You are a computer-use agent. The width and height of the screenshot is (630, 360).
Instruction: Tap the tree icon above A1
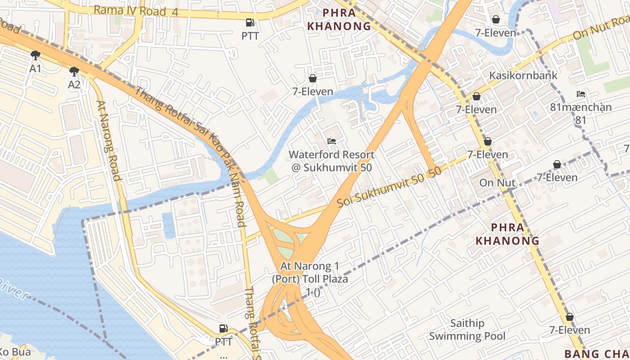tap(35, 55)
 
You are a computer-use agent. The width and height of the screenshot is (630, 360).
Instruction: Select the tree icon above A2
tap(74, 71)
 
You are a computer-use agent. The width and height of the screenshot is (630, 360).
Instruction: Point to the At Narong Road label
tap(109, 140)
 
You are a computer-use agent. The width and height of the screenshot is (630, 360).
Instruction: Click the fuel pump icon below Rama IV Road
tap(250, 22)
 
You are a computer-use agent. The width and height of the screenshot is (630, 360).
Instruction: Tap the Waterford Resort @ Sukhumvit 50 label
tap(331, 161)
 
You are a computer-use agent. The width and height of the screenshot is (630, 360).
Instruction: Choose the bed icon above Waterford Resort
tap(332, 141)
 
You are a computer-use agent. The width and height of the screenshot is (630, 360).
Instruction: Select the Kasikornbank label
tap(523, 75)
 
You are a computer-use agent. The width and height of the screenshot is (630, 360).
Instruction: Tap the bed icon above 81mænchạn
tap(581, 94)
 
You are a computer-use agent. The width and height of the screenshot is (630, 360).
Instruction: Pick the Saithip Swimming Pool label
tap(467, 329)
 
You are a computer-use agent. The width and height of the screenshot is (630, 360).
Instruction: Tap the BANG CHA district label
tap(597, 353)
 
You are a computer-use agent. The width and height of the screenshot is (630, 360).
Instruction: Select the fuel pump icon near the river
tap(223, 328)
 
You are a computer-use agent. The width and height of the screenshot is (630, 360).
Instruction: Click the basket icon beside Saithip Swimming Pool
tap(569, 317)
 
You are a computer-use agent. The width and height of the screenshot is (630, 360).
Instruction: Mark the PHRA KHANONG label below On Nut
tap(507, 234)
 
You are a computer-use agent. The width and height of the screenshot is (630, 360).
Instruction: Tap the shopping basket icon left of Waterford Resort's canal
tap(312, 78)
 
